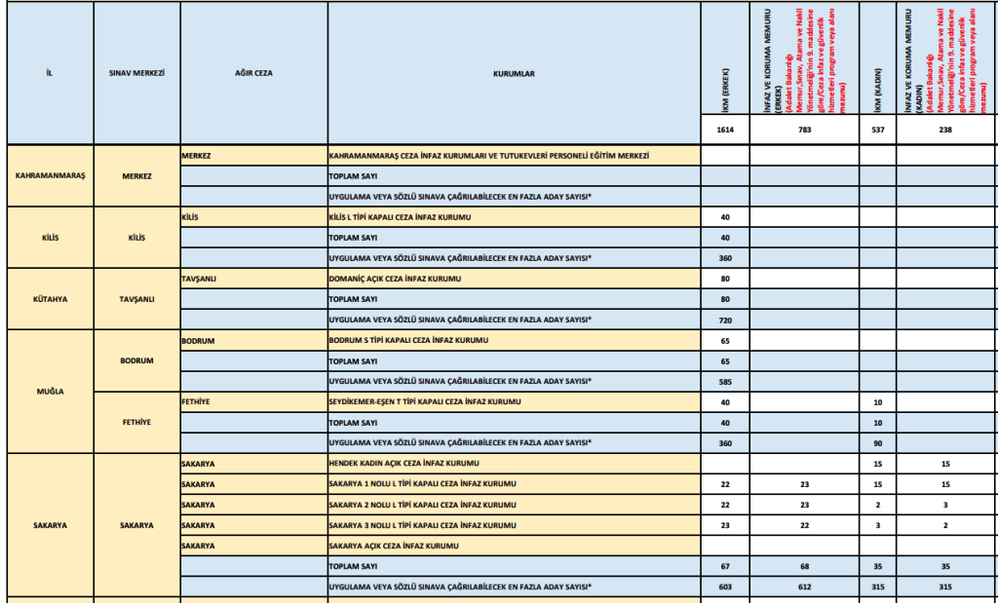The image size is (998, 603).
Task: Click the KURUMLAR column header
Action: (514, 73)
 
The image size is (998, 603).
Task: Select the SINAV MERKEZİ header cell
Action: (137, 73)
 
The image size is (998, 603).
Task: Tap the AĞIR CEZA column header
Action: (253, 73)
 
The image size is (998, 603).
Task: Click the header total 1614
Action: (724, 130)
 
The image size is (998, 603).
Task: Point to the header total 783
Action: (803, 130)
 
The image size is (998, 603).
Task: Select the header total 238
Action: (944, 130)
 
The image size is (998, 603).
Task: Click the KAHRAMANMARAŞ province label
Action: (51, 175)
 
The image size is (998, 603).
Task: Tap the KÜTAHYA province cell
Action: (51, 298)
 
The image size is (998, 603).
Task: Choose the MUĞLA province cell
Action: (51, 391)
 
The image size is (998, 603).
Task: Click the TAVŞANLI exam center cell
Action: (137, 298)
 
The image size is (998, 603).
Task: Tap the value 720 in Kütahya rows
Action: (724, 320)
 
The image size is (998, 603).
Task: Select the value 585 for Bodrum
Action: (724, 381)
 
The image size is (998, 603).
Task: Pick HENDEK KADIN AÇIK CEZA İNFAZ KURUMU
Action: (405, 463)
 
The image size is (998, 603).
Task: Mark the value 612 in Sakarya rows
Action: (803, 586)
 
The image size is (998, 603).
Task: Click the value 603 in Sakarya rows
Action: (724, 586)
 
